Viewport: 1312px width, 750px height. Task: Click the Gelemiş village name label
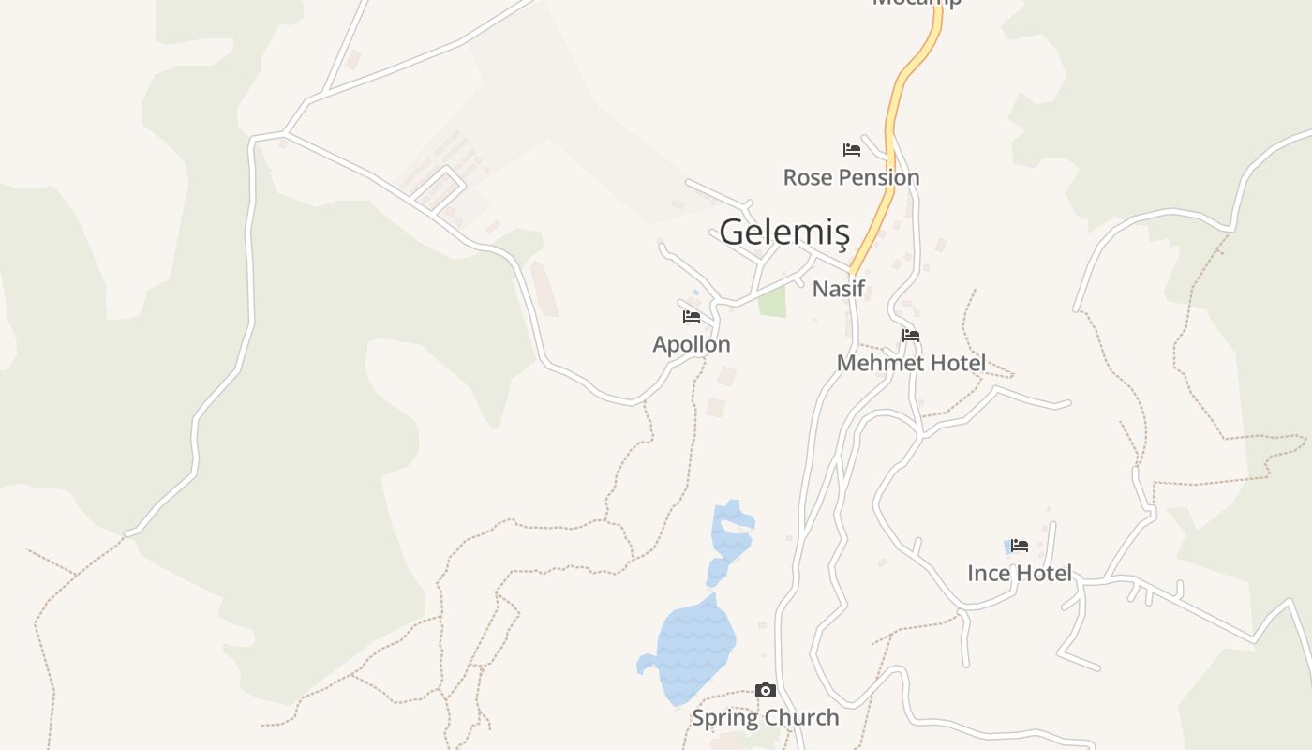(x=784, y=232)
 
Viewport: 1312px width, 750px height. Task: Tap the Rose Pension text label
(x=851, y=177)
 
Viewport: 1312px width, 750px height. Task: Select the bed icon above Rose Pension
(x=851, y=150)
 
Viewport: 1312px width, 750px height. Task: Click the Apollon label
(x=692, y=344)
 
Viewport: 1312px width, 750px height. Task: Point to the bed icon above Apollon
(x=692, y=317)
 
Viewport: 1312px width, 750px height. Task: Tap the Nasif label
(x=838, y=289)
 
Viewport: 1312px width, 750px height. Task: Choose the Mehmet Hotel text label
(x=911, y=363)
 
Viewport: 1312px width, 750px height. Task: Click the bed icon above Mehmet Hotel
(x=911, y=336)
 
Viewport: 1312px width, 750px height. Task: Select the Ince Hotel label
(x=1020, y=573)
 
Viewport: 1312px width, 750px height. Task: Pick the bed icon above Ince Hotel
(x=1020, y=546)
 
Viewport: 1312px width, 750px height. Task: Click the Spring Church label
(x=765, y=718)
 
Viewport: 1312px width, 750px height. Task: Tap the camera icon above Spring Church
(x=766, y=691)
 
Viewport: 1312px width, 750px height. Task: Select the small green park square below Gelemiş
(x=772, y=302)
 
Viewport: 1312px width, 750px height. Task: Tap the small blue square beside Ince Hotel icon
(x=1008, y=546)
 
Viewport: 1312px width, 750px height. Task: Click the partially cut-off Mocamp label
(x=917, y=3)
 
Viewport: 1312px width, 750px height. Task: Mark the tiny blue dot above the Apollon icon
(x=696, y=292)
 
